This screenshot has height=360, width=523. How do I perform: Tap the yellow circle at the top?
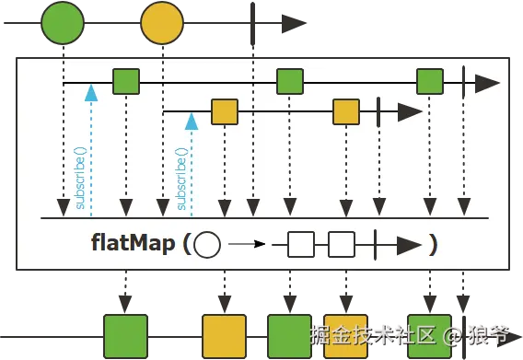click(x=162, y=23)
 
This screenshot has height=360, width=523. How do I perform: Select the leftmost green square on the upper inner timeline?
click(x=126, y=82)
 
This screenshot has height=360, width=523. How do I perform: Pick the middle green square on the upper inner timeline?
click(x=290, y=82)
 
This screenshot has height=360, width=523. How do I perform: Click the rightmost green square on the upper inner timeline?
click(x=430, y=82)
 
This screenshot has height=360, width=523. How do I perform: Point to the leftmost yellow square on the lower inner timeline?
click(x=225, y=112)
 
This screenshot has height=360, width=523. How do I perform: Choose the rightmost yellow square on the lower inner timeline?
click(x=346, y=112)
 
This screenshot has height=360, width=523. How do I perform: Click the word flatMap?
click(x=134, y=244)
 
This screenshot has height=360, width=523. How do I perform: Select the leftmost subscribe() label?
click(x=80, y=179)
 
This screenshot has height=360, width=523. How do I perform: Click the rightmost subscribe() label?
click(x=181, y=179)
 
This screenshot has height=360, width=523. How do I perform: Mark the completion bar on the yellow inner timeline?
click(x=378, y=112)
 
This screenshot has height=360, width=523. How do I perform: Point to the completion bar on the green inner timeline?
click(x=463, y=82)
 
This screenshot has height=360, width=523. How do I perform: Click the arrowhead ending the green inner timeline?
click(x=488, y=82)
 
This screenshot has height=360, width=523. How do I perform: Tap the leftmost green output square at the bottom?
click(x=126, y=335)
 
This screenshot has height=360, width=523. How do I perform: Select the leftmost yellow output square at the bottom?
click(x=225, y=335)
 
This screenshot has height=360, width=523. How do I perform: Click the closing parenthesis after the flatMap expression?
click(x=432, y=244)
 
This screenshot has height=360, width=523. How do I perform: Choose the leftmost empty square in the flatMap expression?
click(x=302, y=245)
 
